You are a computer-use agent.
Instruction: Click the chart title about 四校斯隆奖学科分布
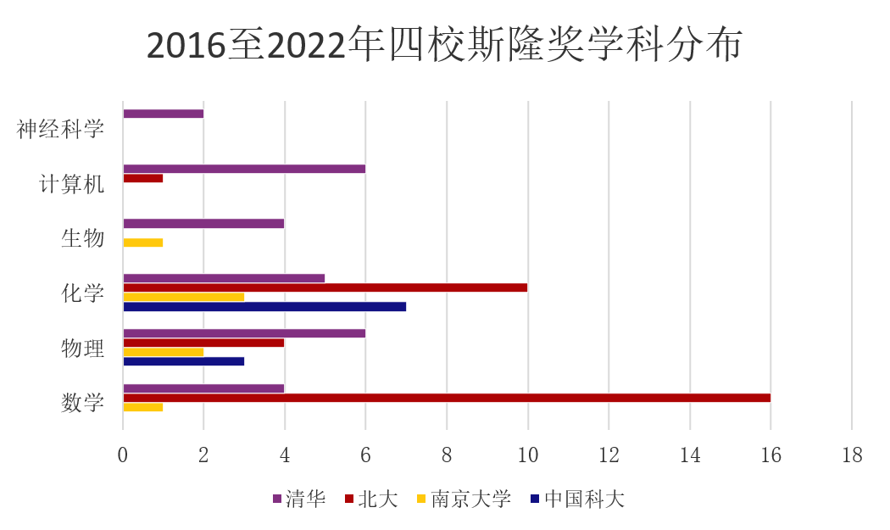coord(444,44)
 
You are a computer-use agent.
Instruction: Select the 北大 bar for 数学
coord(447,398)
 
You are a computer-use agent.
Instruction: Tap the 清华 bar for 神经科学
coord(164,114)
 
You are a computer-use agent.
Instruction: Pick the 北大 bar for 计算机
coord(143,178)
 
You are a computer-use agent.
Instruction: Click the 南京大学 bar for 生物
coord(143,243)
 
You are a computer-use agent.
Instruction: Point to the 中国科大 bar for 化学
coord(264,306)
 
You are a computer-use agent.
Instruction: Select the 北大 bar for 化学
coord(325,287)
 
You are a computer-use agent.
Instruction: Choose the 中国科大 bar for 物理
coord(184,361)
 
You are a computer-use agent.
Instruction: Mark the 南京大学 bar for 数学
coord(143,407)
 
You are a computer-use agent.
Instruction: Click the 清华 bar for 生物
coord(203,224)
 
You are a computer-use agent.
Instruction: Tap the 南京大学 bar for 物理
coord(164,352)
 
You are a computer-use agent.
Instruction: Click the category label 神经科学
coord(61,130)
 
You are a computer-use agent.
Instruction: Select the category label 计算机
coord(72,184)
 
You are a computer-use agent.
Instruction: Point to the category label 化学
coord(83,293)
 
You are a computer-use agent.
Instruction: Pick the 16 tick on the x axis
coord(770,455)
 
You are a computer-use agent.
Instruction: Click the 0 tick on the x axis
coord(123,455)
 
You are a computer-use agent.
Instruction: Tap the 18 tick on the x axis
coord(852,455)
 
